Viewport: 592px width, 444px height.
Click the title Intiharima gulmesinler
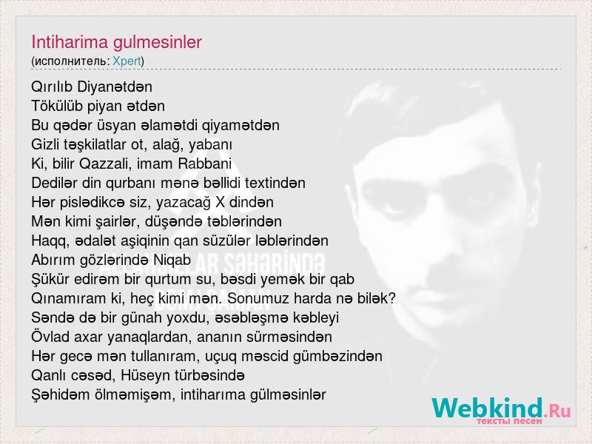click(116, 42)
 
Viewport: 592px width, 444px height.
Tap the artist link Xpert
click(127, 61)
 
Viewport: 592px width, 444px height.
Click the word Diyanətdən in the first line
click(115, 87)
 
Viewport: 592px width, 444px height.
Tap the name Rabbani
click(205, 164)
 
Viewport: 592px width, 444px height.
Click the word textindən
click(275, 183)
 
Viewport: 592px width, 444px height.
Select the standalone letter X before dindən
click(220, 202)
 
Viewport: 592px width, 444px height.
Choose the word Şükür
click(50, 280)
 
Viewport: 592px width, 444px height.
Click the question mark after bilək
click(392, 298)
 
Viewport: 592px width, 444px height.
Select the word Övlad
click(50, 337)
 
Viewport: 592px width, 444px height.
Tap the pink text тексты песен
click(509, 421)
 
